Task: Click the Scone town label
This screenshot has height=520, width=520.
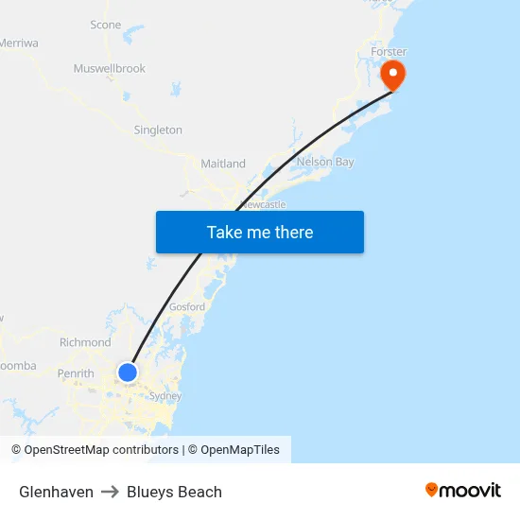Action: tap(105, 25)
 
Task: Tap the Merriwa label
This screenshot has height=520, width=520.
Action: tap(18, 43)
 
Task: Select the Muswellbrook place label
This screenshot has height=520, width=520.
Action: tap(110, 69)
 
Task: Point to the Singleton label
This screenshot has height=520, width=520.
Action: tap(158, 130)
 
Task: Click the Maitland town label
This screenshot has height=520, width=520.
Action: tap(223, 164)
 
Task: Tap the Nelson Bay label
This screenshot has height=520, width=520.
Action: tap(325, 163)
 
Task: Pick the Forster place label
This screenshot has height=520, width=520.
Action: tap(390, 52)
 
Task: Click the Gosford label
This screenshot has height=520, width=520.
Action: tap(187, 307)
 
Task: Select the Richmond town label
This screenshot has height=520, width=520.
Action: tap(85, 342)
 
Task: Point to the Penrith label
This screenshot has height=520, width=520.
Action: tap(76, 373)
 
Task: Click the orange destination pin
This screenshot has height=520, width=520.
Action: tap(391, 74)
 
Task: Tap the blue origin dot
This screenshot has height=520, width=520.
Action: tap(128, 373)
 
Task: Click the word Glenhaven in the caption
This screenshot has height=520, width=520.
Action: tap(56, 492)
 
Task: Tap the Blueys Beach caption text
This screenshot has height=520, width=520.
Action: tap(174, 492)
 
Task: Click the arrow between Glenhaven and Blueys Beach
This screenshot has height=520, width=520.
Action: tap(110, 492)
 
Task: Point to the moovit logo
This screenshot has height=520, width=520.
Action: tap(463, 490)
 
